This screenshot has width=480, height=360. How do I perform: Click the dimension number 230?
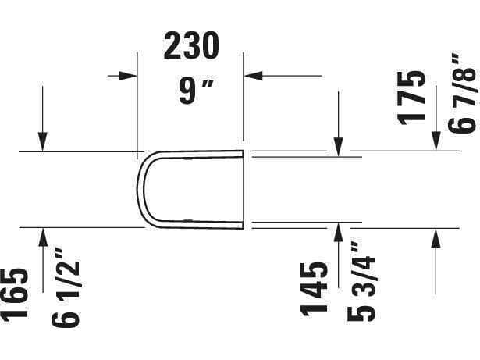pos(190,48)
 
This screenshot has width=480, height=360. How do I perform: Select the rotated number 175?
pos(411,97)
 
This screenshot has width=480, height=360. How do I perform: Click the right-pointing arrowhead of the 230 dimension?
pos(130,75)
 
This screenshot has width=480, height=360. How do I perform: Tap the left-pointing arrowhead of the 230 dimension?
pos(253,75)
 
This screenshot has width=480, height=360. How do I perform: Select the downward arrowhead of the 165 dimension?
pos(44,143)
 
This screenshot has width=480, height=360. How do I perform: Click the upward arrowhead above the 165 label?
pos(44,236)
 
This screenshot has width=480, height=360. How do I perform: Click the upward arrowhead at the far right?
pos(436,236)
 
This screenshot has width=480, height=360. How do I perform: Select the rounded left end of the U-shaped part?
pos(140,190)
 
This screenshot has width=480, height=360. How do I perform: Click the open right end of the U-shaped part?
pos(243,190)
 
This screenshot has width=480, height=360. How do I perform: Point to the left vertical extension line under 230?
pos(138,102)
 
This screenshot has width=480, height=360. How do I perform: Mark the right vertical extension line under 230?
pos(244,102)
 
